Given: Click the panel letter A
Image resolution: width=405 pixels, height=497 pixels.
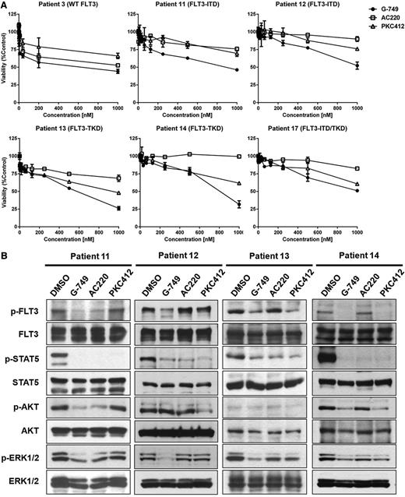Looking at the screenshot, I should pos(5,5).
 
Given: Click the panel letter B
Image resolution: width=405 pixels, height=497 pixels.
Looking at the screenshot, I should pos(5,255).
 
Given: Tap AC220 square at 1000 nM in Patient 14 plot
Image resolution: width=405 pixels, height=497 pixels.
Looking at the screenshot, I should pos(238,157).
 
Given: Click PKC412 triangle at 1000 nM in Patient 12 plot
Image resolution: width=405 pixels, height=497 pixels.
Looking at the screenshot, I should pos(357,49).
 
